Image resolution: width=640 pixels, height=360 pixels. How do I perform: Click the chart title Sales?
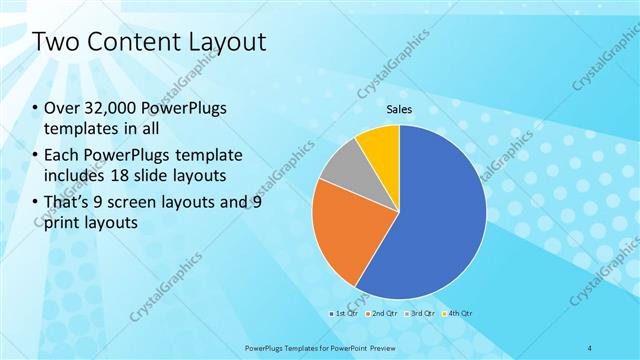[399, 109]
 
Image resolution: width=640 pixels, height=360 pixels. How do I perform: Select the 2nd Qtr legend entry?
[382, 313]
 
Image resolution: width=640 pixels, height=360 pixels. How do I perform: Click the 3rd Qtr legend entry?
[421, 313]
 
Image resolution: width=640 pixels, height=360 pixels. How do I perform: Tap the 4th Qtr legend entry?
[459, 313]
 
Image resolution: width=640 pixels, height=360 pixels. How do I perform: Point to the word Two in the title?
[55, 42]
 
